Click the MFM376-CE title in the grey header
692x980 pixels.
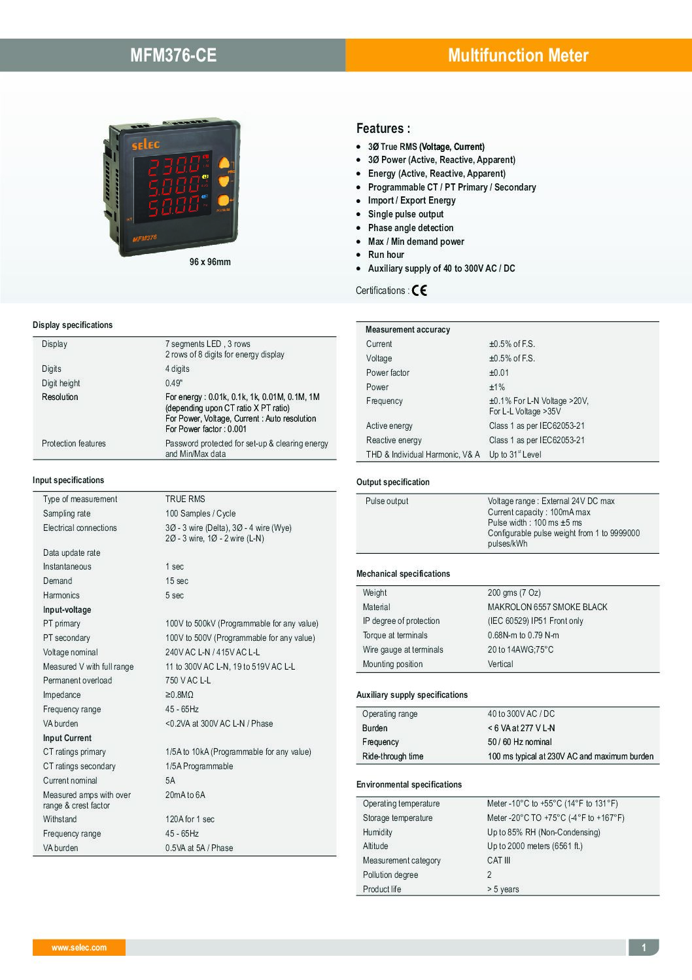pyautogui.click(x=173, y=56)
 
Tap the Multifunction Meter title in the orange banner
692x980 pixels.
pyautogui.click(x=518, y=56)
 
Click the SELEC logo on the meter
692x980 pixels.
pyautogui.click(x=146, y=144)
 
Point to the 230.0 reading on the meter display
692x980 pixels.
pyautogui.click(x=173, y=166)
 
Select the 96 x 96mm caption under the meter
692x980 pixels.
pyautogui.click(x=210, y=262)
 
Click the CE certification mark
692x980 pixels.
pyautogui.click(x=419, y=291)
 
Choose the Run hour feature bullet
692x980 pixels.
pyautogui.click(x=386, y=255)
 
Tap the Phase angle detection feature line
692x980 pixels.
pyautogui.click(x=410, y=228)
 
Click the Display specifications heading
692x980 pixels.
pyautogui.click(x=73, y=325)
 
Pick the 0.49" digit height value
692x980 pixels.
pyautogui.click(x=174, y=383)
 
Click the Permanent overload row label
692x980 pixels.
pyautogui.click(x=77, y=680)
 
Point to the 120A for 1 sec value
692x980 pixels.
pyautogui.click(x=190, y=819)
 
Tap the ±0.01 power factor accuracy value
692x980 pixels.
pyautogui.click(x=498, y=372)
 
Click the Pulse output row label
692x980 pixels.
pyautogui.click(x=387, y=501)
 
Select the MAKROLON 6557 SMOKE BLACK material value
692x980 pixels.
pyautogui.click(x=547, y=607)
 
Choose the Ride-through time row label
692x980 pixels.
pyautogui.click(x=392, y=756)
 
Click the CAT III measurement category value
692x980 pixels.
pyautogui.click(x=498, y=860)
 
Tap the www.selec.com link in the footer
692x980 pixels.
pyautogui.click(x=79, y=947)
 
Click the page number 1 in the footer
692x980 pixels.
pyautogui.click(x=644, y=947)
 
